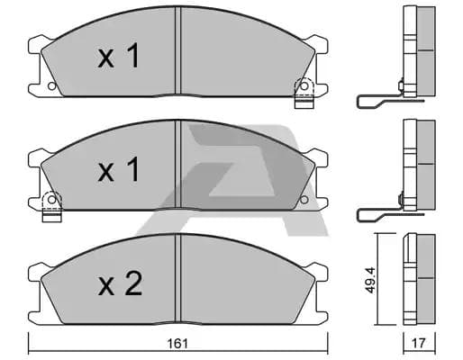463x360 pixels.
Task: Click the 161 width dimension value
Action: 177,344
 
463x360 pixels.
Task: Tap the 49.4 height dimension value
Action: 370,280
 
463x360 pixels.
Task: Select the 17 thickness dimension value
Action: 419,344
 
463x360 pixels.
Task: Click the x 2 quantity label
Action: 120,283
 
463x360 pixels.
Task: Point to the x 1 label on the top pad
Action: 119,56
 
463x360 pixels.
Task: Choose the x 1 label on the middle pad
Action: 119,169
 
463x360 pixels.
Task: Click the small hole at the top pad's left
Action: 52,86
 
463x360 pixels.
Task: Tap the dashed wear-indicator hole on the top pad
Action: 304,86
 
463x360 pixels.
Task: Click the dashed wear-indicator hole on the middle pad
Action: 52,200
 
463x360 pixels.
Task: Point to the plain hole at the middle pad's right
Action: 304,200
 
